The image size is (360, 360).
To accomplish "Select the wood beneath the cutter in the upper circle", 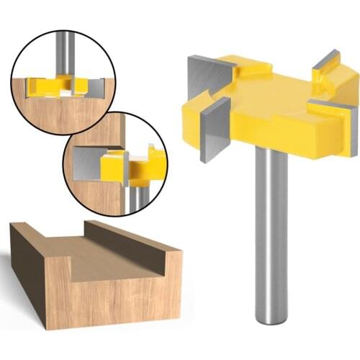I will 61,115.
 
